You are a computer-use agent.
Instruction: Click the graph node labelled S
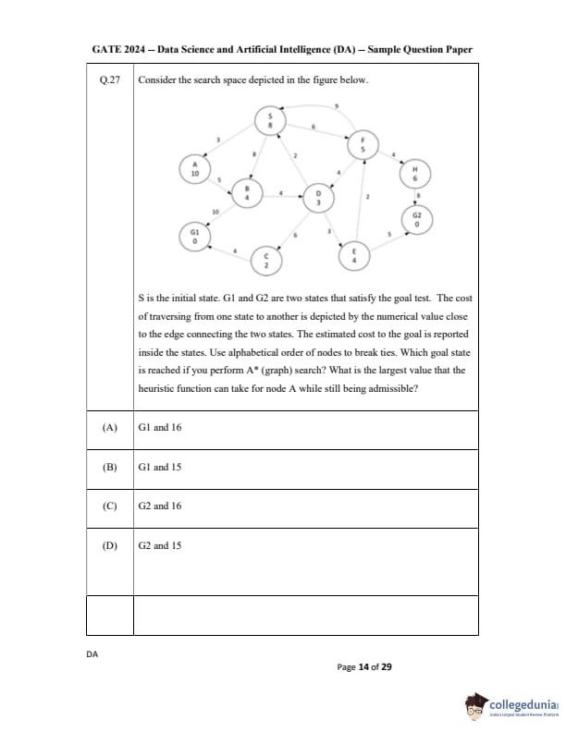click(270, 121)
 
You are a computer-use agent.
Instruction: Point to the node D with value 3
click(318, 197)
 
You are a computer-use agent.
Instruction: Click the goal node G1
click(194, 237)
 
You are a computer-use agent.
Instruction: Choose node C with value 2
click(265, 260)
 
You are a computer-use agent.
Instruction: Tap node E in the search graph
click(354, 255)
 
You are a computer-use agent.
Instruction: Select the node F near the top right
click(363, 144)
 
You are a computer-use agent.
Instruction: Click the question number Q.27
click(110, 80)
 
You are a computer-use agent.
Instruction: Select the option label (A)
click(110, 428)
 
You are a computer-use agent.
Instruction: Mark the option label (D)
click(110, 545)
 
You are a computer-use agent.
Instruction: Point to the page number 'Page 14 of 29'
click(364, 666)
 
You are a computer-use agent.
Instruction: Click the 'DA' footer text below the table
click(92, 654)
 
